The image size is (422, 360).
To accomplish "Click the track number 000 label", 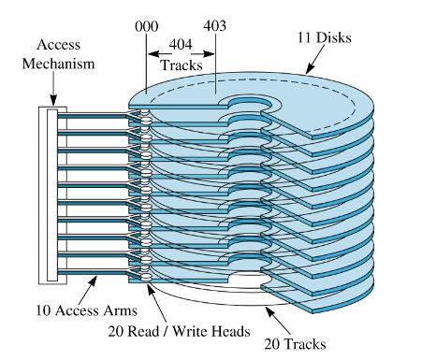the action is coord(146,26).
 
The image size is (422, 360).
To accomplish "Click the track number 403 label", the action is coord(214,25).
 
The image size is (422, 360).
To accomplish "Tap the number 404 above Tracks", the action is coord(181,44).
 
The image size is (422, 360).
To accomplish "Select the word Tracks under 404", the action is coord(182,65).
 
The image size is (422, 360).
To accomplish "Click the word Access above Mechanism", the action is coord(58,45).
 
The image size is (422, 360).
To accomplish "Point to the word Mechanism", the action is coord(58,64).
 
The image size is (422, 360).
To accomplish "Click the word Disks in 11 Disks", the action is coord(334,37).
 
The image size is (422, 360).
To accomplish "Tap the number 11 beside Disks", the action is coord(304,37).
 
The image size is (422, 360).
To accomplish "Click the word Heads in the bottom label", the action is coord(231,331).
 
